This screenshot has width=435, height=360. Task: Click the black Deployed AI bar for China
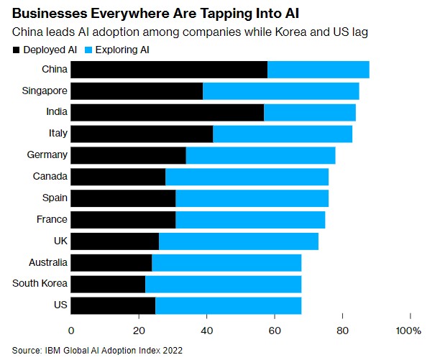[169, 70]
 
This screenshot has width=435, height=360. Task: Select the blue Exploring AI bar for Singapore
[280, 91]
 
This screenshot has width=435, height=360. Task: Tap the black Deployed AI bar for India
[168, 113]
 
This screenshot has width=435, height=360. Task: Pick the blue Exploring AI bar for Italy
[283, 134]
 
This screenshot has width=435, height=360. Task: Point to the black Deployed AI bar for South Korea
[108, 284]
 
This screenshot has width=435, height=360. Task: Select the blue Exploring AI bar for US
[228, 305]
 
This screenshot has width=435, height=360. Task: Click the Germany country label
[48, 154]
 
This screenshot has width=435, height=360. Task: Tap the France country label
[51, 219]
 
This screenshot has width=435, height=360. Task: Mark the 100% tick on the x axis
[408, 330]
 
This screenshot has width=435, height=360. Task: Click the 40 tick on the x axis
[206, 330]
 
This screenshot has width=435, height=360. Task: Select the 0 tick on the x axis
[71, 330]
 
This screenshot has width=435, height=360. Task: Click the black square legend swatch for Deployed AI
[17, 50]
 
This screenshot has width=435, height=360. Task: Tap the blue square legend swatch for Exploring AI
[89, 50]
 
